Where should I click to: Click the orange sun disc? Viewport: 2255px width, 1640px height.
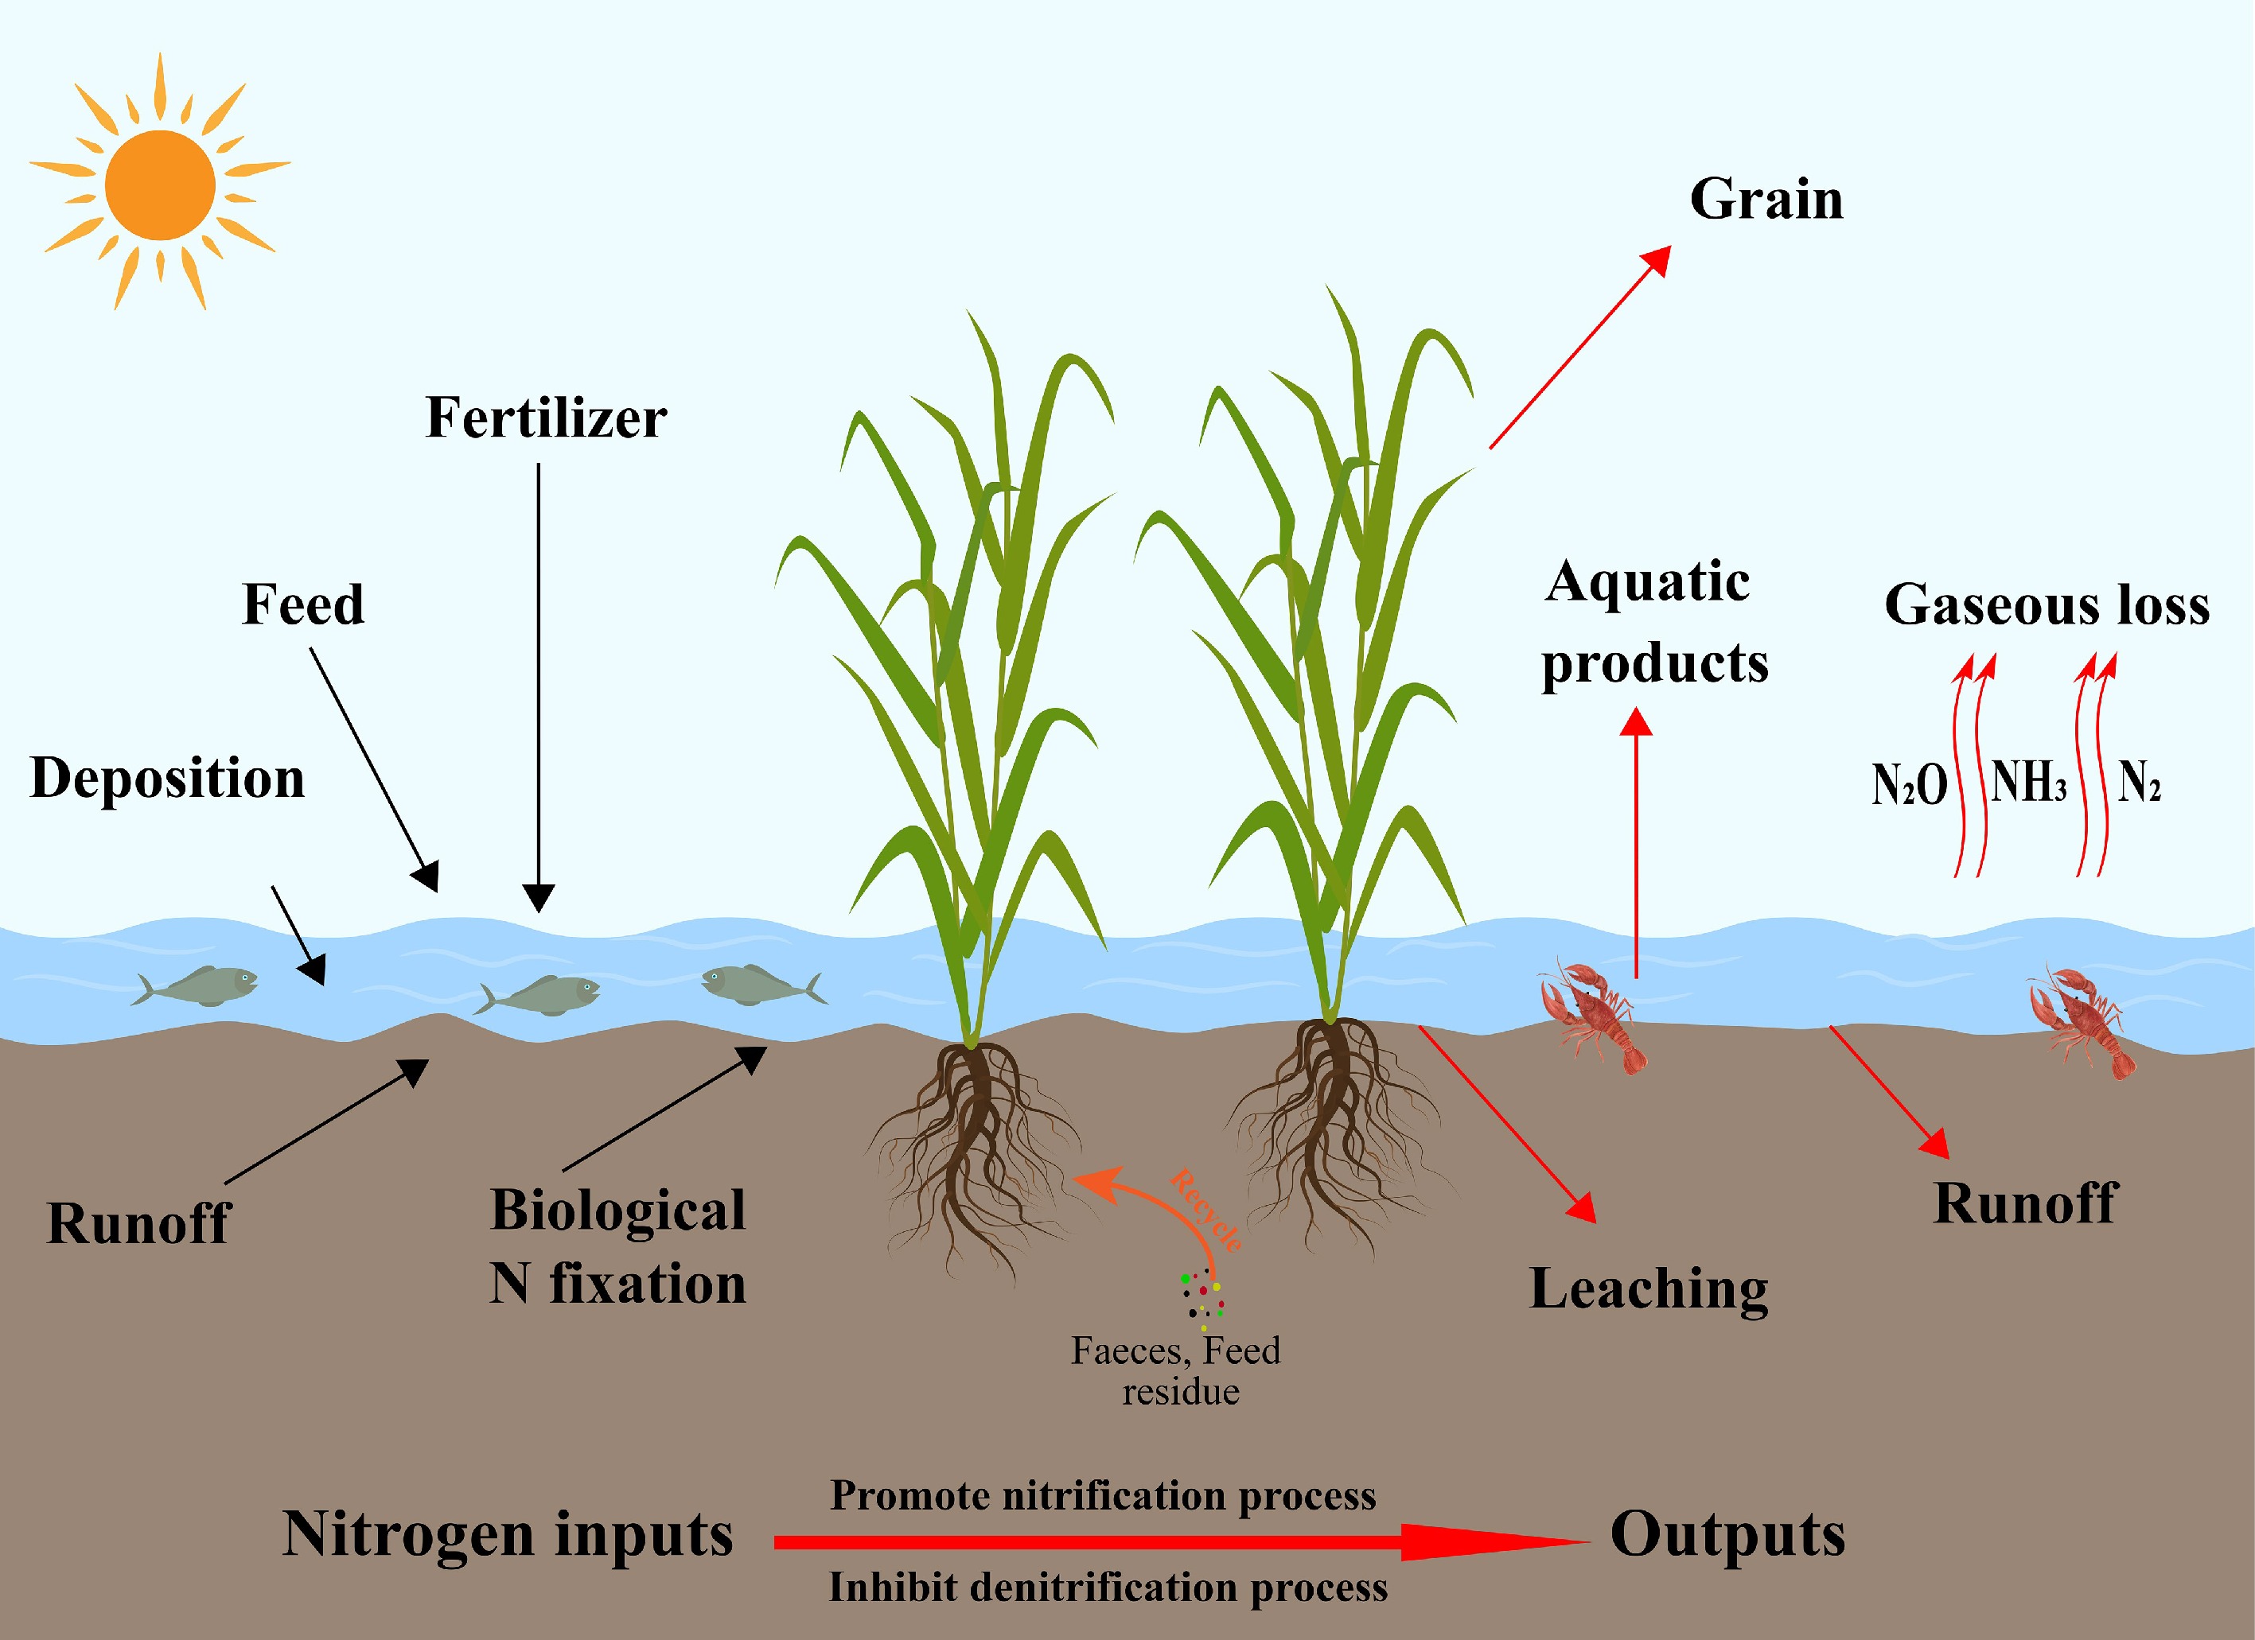pos(160,185)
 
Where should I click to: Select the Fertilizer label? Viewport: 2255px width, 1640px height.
pos(546,418)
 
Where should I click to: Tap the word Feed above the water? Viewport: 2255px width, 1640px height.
pos(303,604)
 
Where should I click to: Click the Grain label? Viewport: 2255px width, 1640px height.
pos(1766,199)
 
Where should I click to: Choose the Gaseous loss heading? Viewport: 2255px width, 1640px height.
pos(2047,604)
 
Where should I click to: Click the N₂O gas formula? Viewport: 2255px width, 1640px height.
pos(1908,785)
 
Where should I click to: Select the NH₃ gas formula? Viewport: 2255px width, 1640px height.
pos(2028,783)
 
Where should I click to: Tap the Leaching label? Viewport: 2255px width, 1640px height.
pos(1649,1289)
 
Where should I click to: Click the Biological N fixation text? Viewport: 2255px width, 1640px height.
pos(617,1246)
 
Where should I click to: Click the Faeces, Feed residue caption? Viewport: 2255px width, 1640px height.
pos(1176,1370)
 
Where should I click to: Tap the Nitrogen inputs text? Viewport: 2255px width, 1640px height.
pos(508,1533)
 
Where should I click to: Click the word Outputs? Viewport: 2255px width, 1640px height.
pos(1727,1533)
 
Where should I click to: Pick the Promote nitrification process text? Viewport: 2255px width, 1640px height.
pos(1103,1496)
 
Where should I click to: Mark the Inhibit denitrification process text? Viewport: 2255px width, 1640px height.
pos(1108,1588)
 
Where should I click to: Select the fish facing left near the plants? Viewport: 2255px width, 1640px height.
pos(761,985)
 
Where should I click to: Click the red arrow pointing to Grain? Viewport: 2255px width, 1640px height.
pos(1579,348)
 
